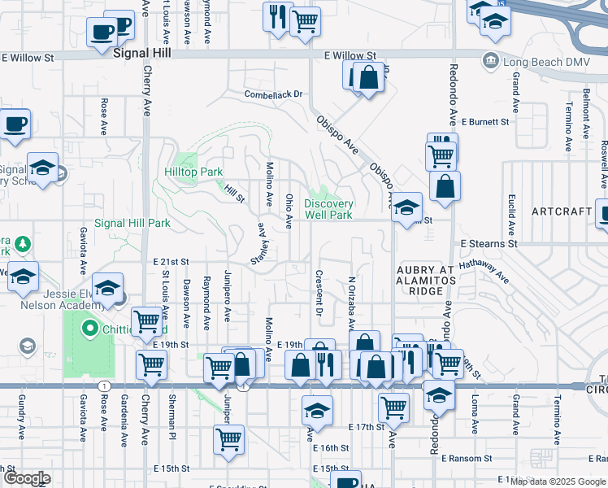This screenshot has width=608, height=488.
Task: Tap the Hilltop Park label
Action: pyautogui.click(x=193, y=172)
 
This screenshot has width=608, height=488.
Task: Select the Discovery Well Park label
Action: pyautogui.click(x=328, y=209)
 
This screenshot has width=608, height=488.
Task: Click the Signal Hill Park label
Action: pyautogui.click(x=132, y=223)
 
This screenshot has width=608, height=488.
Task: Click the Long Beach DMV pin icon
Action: pyautogui.click(x=490, y=59)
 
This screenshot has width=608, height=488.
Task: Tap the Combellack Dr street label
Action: pyautogui.click(x=274, y=94)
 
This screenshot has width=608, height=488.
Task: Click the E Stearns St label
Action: pyautogui.click(x=489, y=243)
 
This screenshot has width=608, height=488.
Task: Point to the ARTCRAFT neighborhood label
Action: pyautogui.click(x=562, y=211)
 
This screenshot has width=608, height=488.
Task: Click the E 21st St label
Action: pyautogui.click(x=171, y=262)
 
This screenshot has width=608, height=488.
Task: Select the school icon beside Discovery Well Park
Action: pyautogui.click(x=407, y=207)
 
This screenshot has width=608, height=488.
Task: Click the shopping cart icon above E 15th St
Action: pyautogui.click(x=229, y=438)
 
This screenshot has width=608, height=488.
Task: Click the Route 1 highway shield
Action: pyautogui.click(x=104, y=385)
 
